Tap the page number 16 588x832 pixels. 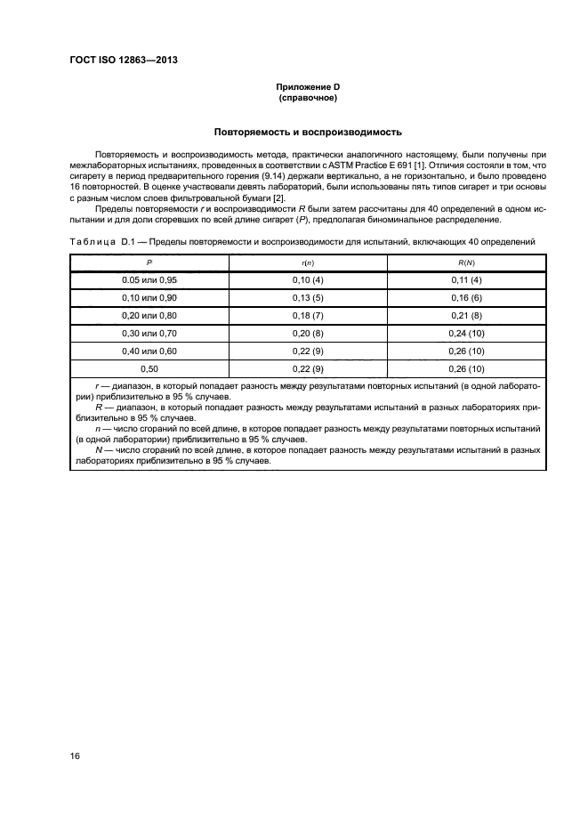[77, 755]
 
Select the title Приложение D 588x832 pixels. [307, 86]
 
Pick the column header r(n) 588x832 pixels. [307, 263]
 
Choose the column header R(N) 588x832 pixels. [464, 263]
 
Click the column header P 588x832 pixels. [149, 263]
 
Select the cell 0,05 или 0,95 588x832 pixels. [149, 280]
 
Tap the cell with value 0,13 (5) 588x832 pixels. [307, 297]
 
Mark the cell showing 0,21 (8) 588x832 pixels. [464, 315]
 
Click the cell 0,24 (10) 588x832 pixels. [464, 333]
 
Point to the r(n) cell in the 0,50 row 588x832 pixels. [307, 368]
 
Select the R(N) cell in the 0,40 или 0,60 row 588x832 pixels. [464, 351]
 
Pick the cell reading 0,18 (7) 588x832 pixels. [307, 315]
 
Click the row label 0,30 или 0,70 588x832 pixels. [149, 333]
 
